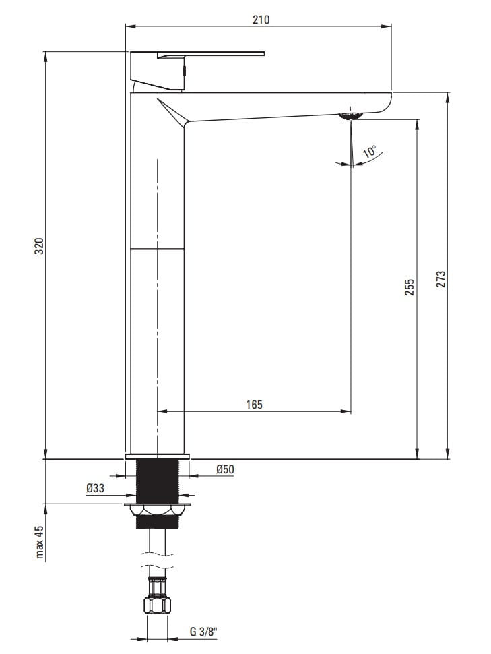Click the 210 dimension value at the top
coord(261,19)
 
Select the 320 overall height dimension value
coord(39,247)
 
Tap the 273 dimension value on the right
coord(441,279)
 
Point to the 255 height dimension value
coord(410,287)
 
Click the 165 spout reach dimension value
coord(254,404)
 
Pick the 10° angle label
coord(369,151)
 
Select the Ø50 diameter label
coord(225,469)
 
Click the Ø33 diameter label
coord(96,487)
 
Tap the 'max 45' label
coord(39,542)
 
